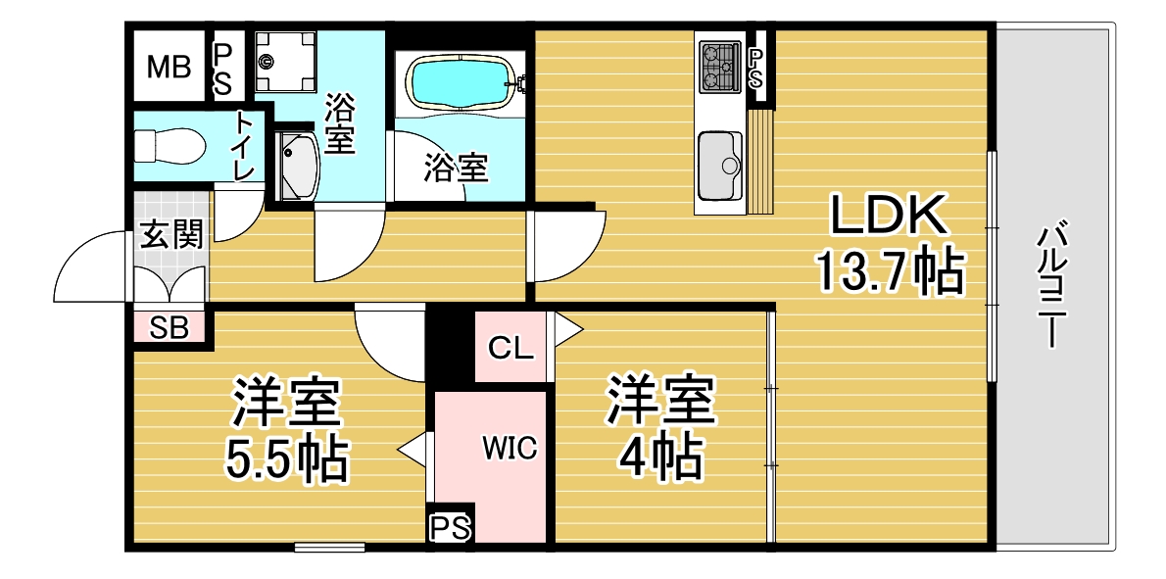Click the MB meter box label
(169, 68)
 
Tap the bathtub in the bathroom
(462, 84)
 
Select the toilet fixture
(170, 145)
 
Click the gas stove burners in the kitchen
(719, 67)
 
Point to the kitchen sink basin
(719, 165)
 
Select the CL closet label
(510, 348)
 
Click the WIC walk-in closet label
(510, 449)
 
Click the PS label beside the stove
(755, 69)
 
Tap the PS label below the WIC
(450, 528)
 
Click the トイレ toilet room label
(246, 145)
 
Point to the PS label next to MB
(222, 68)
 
